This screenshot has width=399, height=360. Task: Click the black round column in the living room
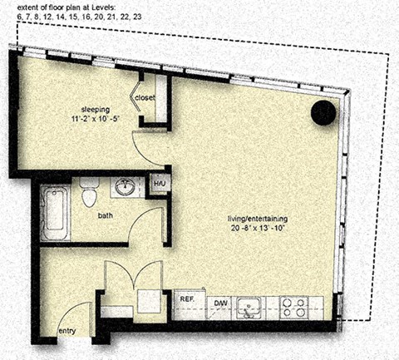click(323, 112)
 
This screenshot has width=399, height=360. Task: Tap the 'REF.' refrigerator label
click(187, 298)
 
